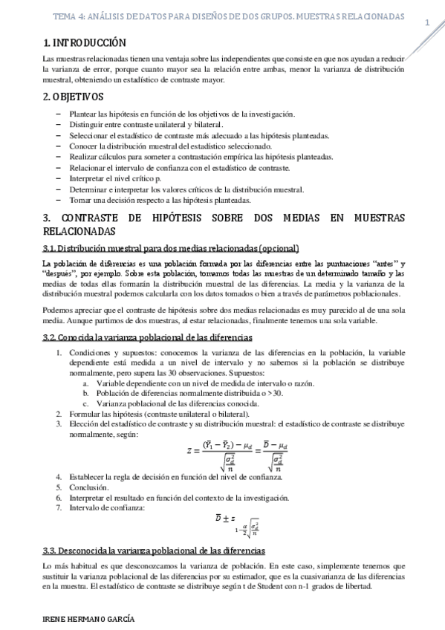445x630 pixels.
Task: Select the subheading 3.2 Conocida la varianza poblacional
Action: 147,337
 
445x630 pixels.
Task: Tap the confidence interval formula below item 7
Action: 238,524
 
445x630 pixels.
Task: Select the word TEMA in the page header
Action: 68,16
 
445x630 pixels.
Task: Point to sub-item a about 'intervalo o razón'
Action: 204,383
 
